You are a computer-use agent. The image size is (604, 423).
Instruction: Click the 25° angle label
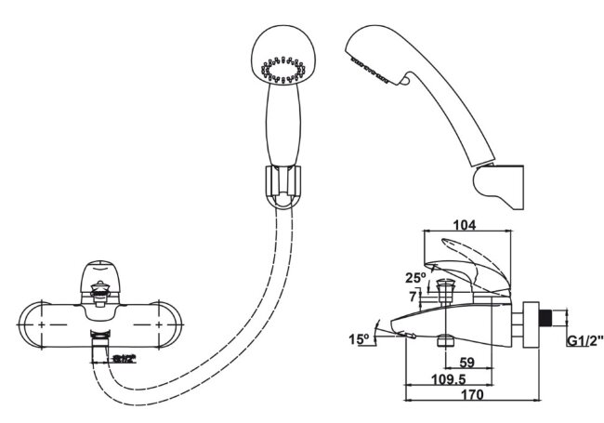(414, 277)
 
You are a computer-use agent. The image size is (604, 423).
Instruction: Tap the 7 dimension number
(414, 297)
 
